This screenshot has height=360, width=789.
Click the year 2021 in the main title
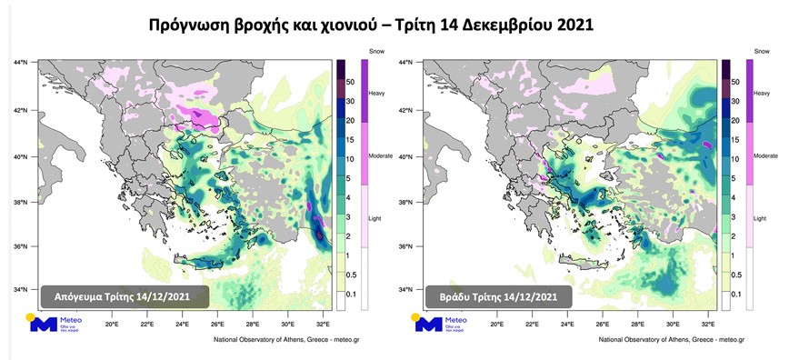tap(571, 25)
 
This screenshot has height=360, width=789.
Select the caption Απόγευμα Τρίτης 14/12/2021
tap(125, 297)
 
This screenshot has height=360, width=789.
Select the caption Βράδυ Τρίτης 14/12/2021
tap(498, 297)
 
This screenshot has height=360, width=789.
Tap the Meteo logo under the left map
tap(56, 325)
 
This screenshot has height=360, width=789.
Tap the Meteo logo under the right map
tap(441, 325)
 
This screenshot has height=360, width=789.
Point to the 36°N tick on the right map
tap(408, 245)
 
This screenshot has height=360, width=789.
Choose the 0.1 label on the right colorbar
tap(737, 294)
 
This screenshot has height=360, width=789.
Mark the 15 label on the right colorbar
tap(736, 140)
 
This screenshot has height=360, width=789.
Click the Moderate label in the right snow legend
tap(765, 155)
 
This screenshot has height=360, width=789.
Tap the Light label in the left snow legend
tap(375, 218)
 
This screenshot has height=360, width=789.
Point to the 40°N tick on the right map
tap(408, 156)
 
